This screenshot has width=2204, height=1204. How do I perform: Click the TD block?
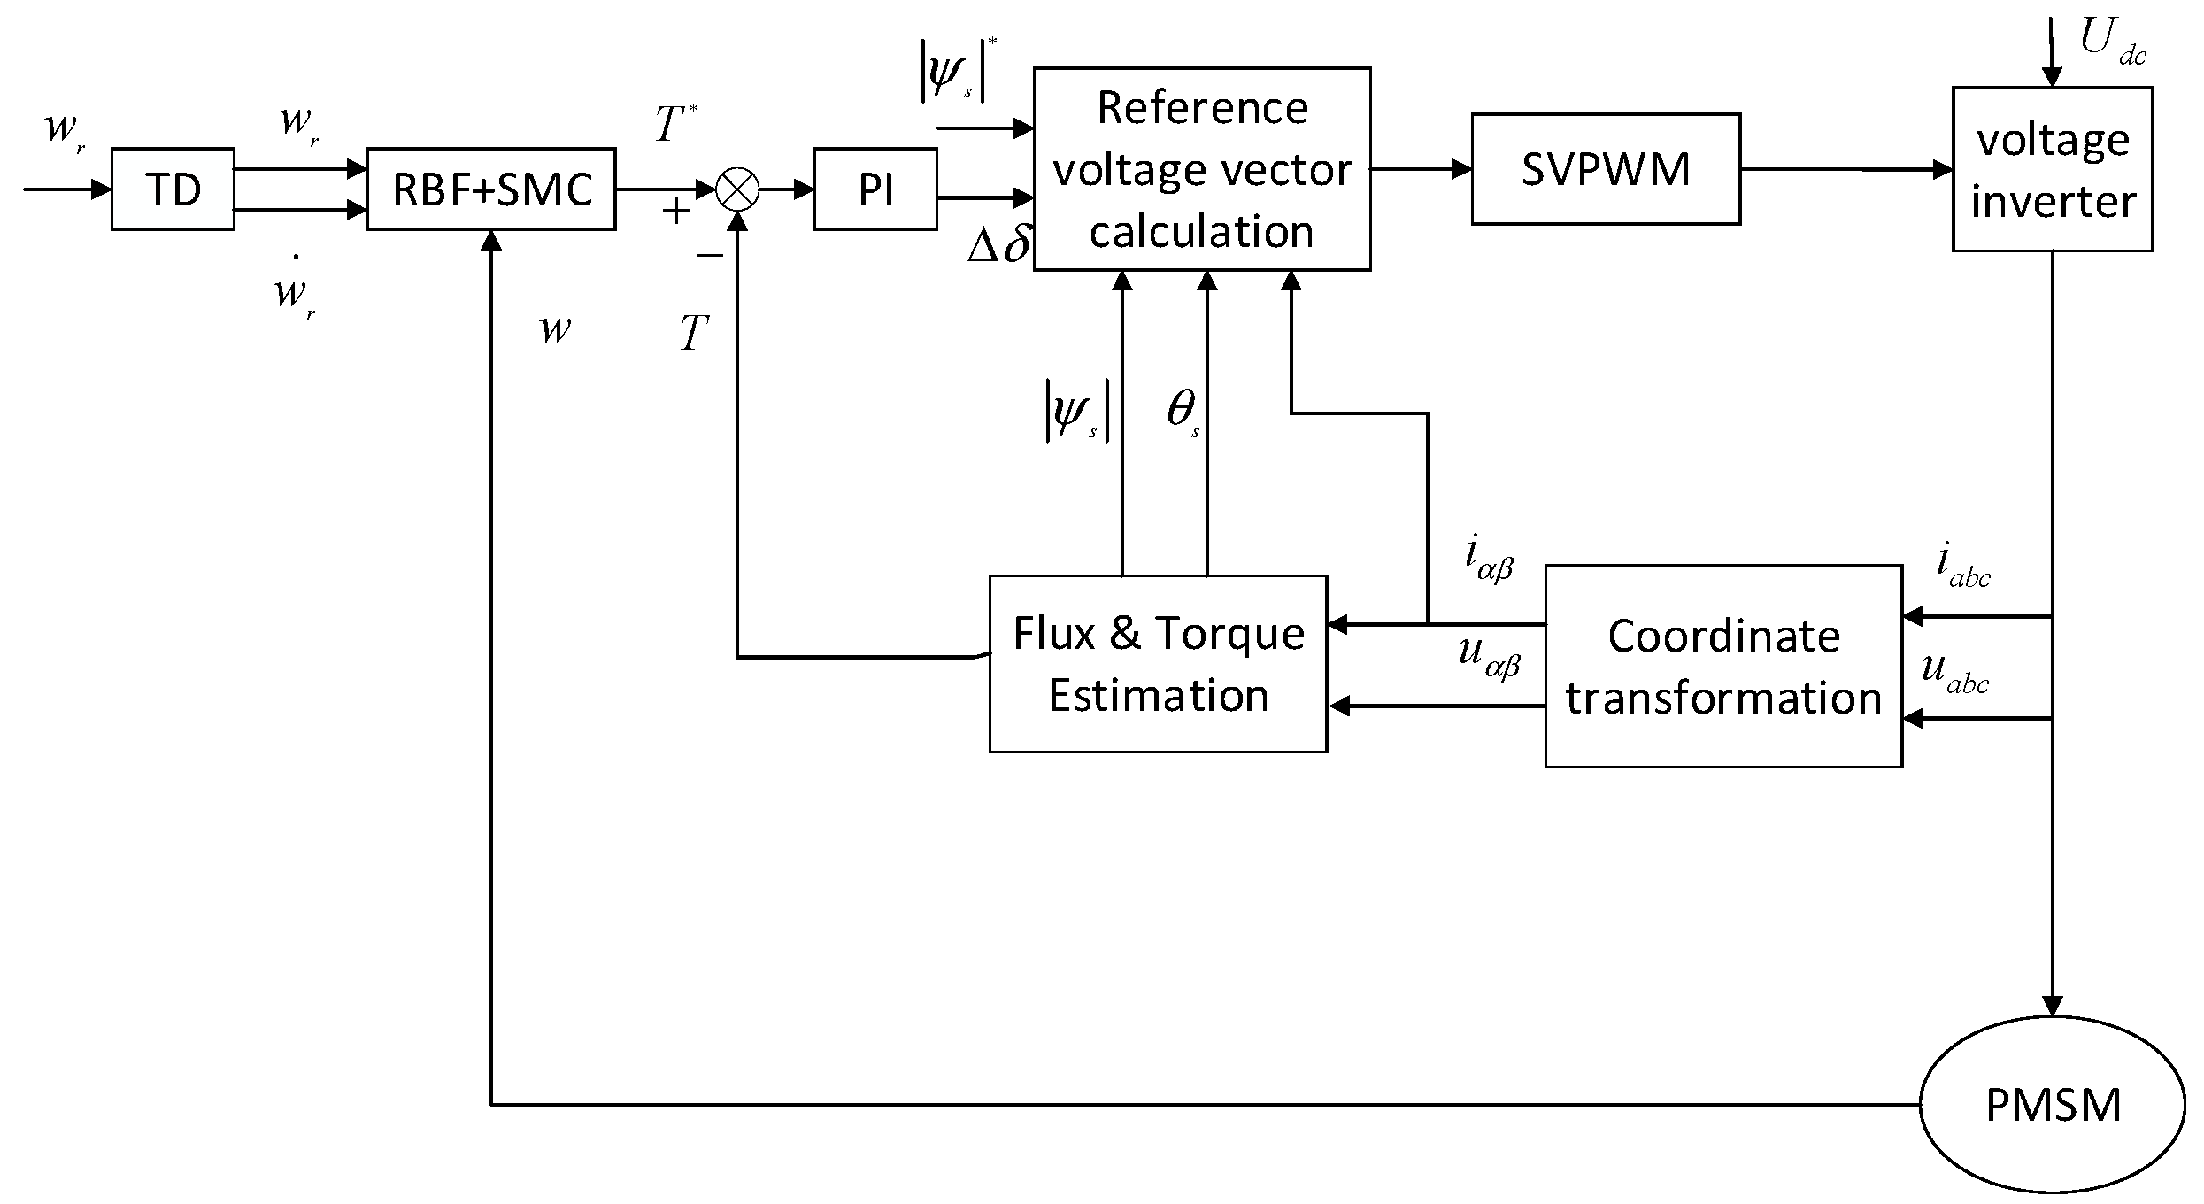point(173,189)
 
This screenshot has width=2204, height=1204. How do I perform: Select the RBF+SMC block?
point(491,189)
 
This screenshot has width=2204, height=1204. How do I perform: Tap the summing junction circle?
point(737,189)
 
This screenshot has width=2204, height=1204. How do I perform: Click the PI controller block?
point(875,189)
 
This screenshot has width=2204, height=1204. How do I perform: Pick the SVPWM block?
point(1606,169)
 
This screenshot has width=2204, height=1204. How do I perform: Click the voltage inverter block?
point(2052,169)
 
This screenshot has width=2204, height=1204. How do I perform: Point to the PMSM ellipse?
point(2052,1105)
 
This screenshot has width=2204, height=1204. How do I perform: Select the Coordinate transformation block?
point(1723,666)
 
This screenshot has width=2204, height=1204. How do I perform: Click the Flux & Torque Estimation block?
point(1158,664)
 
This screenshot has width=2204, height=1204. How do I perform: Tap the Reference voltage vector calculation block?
point(1202,169)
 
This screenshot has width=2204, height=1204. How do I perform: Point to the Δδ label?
point(998,245)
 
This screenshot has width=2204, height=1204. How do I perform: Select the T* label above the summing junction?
point(676,123)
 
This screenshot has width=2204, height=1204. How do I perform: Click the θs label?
point(1183,412)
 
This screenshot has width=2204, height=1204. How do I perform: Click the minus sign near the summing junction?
point(710,256)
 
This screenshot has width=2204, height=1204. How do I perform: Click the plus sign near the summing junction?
point(676,212)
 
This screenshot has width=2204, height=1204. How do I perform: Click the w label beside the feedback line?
point(556,329)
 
